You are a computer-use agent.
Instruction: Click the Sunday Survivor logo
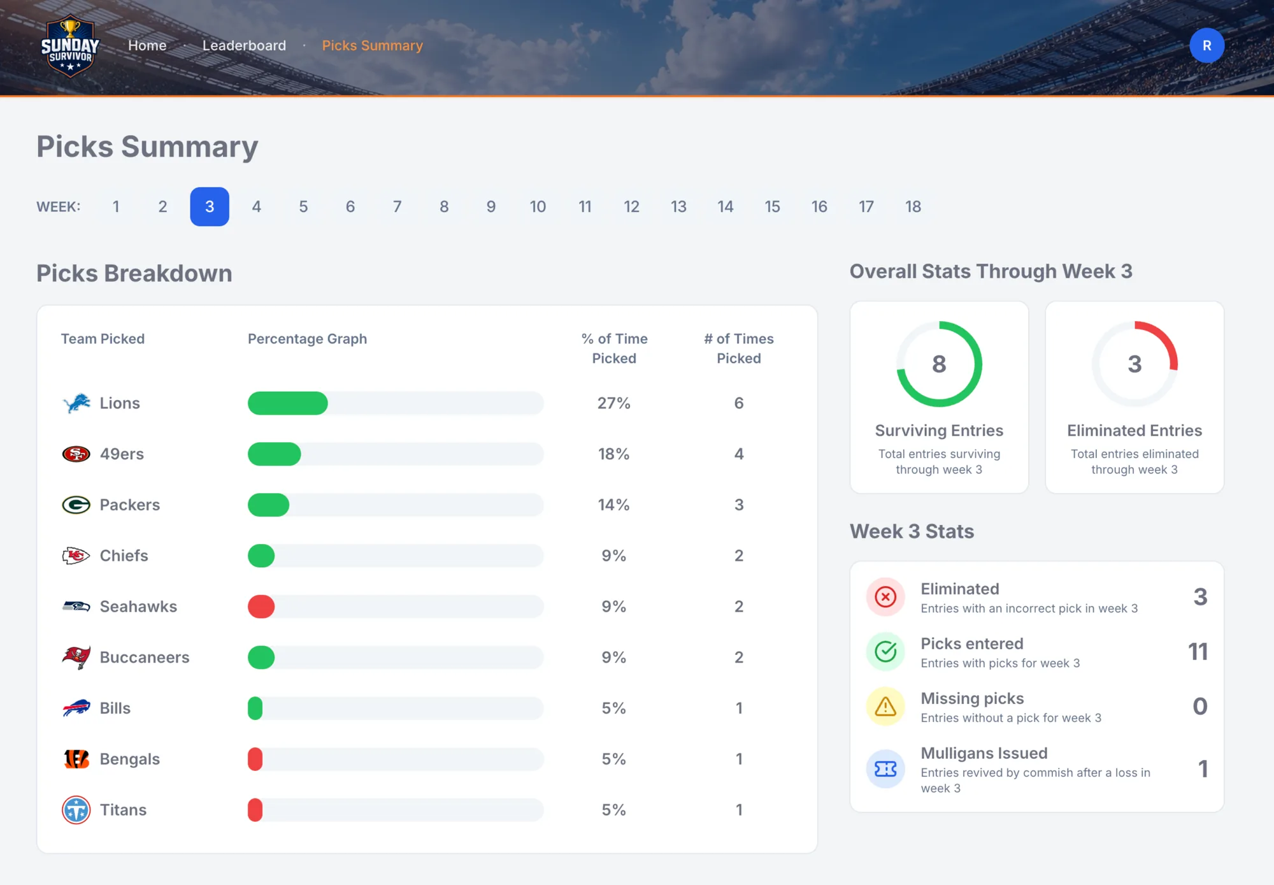[x=70, y=45]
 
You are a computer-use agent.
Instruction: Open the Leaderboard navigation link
[x=244, y=45]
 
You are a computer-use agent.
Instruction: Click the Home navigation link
[x=147, y=45]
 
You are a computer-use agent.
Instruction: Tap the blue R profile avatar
[x=1206, y=45]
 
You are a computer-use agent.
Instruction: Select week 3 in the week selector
[x=210, y=206]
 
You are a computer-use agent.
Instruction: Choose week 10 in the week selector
[x=538, y=206]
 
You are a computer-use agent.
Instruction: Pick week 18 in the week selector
[x=913, y=206]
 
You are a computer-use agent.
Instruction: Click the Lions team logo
[x=76, y=403]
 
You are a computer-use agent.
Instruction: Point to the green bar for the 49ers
[x=274, y=454]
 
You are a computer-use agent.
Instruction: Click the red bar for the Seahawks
[x=261, y=607]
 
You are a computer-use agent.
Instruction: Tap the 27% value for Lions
[x=613, y=403]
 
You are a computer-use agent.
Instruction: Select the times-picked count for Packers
[x=739, y=505]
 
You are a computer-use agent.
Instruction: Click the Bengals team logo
[x=76, y=759]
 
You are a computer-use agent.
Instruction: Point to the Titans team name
[x=123, y=810]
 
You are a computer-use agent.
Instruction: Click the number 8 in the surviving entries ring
[x=939, y=364]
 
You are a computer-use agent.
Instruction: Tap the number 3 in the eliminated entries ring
[x=1134, y=364]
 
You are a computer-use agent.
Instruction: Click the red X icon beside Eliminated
[x=885, y=597]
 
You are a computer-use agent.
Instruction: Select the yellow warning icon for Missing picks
[x=885, y=707]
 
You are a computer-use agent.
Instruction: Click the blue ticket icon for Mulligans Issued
[x=885, y=769]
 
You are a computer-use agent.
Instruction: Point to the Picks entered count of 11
[x=1198, y=651]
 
